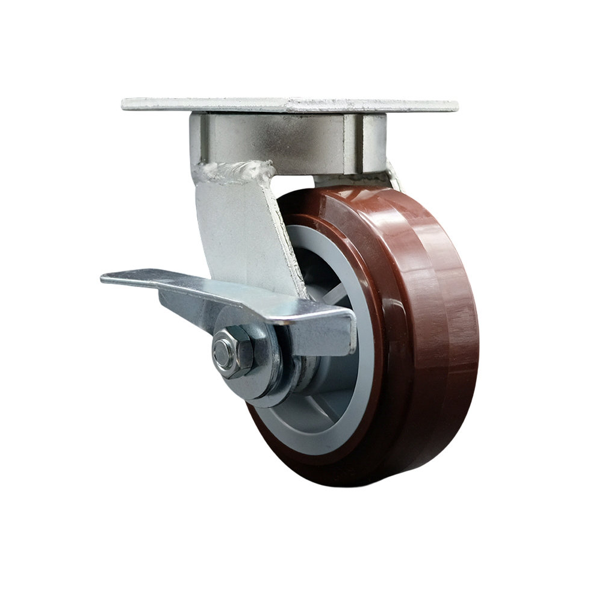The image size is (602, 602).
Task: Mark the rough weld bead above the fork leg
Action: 235,172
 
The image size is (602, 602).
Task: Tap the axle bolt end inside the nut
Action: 222,349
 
